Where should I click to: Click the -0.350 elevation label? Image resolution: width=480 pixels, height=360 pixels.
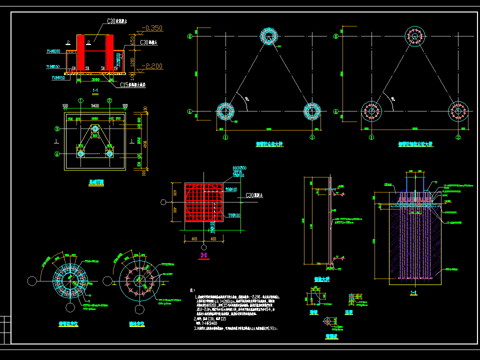tap(152, 28)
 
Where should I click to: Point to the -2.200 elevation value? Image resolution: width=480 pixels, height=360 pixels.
tap(152, 65)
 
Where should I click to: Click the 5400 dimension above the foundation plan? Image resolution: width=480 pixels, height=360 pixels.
tap(95, 106)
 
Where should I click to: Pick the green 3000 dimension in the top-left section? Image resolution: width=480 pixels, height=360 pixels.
tap(95, 79)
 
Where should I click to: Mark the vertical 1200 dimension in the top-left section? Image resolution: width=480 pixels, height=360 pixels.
tap(132, 60)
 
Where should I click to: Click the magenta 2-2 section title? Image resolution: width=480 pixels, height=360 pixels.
tap(204, 255)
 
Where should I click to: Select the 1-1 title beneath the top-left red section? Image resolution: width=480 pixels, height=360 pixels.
tap(95, 90)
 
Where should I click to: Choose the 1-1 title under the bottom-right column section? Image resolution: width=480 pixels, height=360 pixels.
tap(414, 293)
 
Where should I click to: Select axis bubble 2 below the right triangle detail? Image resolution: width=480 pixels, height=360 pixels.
tap(458, 137)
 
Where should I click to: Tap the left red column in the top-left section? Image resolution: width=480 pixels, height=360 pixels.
tap(80, 52)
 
